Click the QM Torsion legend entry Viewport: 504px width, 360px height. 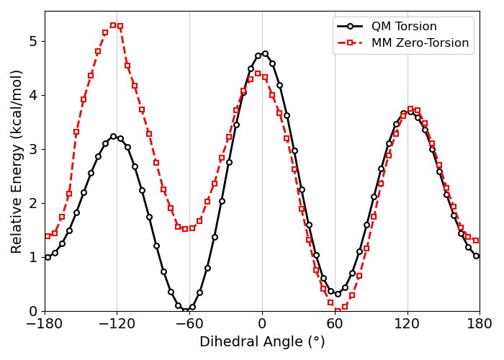click(404, 27)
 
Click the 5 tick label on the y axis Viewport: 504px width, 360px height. click(32, 41)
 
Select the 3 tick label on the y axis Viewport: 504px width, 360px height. click(32, 149)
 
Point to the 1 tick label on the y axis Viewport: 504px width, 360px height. click(32, 257)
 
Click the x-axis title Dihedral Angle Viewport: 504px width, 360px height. click(262, 342)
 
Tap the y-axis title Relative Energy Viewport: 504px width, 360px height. click(17, 161)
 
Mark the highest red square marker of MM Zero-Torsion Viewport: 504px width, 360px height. click(113, 25)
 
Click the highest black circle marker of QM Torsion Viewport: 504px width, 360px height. click(265, 53)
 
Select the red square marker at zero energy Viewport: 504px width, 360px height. click(338, 311)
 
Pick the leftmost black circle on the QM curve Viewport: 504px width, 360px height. click(48, 257)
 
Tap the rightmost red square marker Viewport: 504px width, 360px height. click(476, 240)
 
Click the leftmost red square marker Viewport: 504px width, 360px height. click(48, 236)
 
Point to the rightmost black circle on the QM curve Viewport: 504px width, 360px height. click(476, 256)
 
